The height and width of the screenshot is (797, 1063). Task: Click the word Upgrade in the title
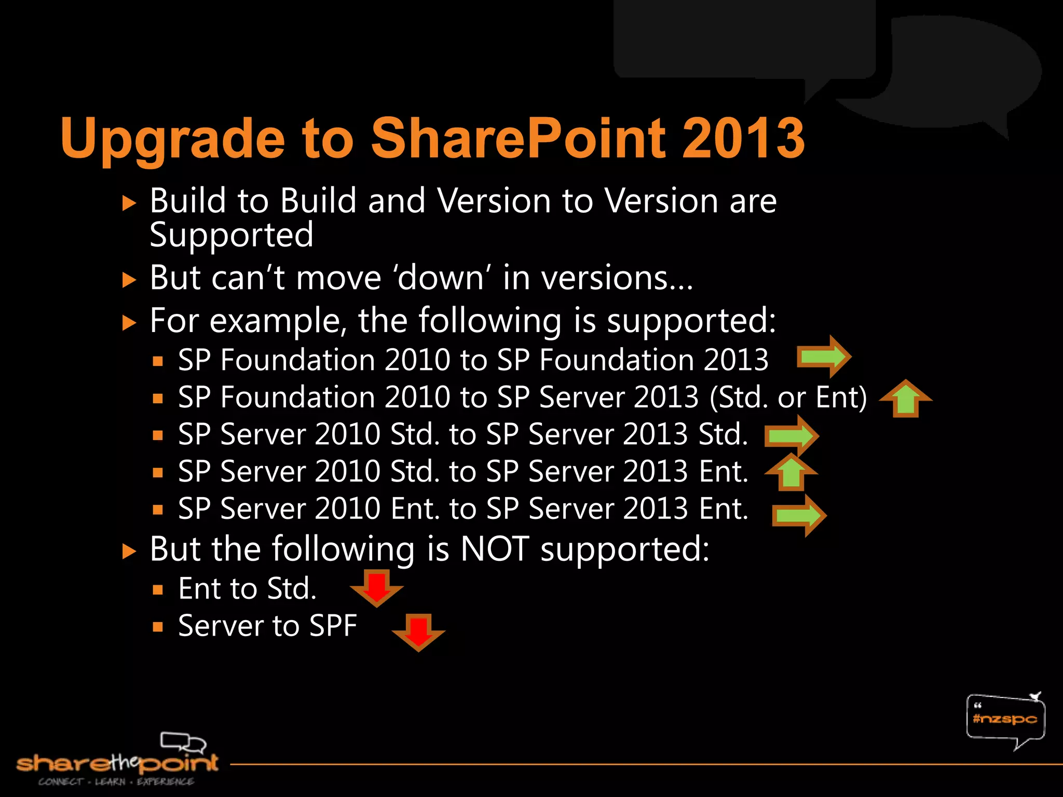coord(172,139)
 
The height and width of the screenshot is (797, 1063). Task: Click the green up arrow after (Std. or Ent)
coord(906,398)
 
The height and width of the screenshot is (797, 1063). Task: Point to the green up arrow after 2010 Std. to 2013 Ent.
coord(791,472)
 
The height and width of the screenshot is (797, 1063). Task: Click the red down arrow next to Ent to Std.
coord(377,588)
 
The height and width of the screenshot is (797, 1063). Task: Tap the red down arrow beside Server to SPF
coord(418,632)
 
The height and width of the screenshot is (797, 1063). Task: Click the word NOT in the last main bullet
coord(495,549)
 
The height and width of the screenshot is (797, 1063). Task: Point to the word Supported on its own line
coord(231,236)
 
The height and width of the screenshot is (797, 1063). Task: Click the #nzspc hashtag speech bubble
coord(1005,719)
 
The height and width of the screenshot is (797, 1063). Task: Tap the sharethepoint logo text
coord(117,763)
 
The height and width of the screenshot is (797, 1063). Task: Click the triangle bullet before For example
coord(129,323)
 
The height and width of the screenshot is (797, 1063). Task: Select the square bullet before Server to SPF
coord(158,627)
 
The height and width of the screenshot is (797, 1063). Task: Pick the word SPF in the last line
coord(333,626)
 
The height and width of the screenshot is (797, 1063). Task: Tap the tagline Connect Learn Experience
coord(116,781)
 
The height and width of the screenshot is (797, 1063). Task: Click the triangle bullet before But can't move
coord(129,281)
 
